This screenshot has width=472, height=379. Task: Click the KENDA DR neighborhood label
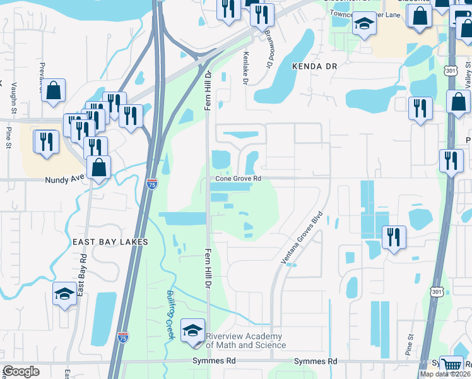coord(315,66)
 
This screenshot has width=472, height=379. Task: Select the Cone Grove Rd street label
coord(238,179)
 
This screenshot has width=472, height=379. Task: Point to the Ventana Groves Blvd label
coord(301,238)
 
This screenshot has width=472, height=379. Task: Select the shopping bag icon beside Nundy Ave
coord(99,168)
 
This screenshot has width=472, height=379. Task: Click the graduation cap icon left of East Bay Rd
coord(64,294)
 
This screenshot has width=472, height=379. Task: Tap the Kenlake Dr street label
coord(245,69)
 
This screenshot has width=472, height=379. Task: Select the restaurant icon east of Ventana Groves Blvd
coord(393,238)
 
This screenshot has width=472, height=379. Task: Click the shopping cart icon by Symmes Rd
coord(451,364)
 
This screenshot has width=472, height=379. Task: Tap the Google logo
coord(21,371)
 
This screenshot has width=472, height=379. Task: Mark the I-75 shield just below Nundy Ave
coord(152,184)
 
